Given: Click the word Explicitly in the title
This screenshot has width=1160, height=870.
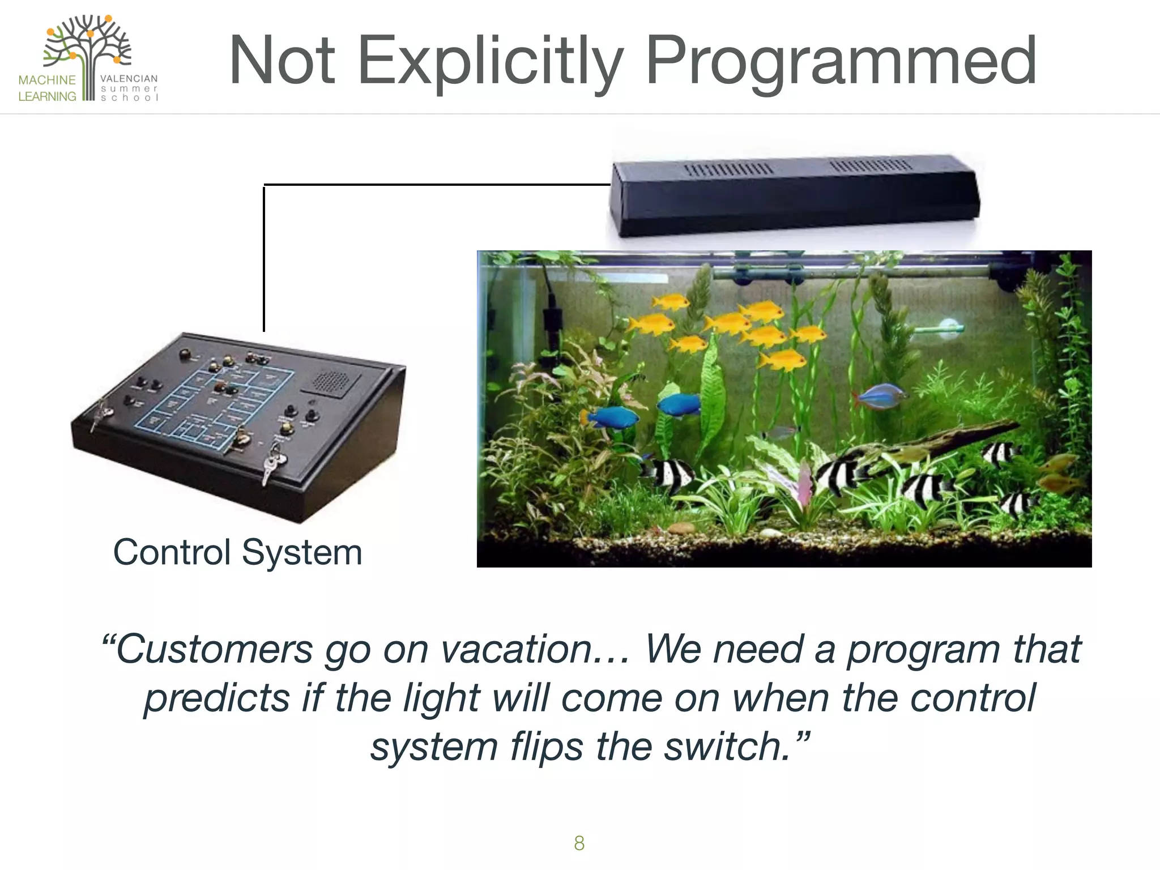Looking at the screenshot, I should tap(491, 61).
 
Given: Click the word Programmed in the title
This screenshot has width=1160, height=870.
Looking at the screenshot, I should tap(841, 61).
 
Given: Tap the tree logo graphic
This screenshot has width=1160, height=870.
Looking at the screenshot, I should tap(88, 48).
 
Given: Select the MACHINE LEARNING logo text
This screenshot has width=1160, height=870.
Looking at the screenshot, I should tap(47, 88).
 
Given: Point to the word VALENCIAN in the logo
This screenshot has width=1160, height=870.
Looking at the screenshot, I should tap(129, 79).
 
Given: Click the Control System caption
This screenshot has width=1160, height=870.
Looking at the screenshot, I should tap(237, 552).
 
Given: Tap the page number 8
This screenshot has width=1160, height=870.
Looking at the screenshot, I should tap(579, 843).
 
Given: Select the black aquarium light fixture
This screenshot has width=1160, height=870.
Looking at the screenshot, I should tap(793, 195).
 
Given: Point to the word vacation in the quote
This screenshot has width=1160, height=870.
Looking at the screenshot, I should tap(517, 649).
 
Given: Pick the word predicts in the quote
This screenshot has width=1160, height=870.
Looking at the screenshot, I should tap(217, 698).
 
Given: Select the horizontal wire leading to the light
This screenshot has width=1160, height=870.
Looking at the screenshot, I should tap(436, 185).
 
